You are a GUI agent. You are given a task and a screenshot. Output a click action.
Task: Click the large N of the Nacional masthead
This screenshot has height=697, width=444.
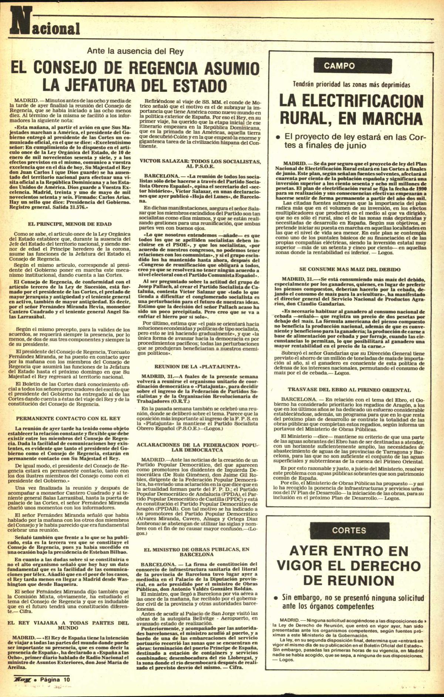click(x=19, y=23)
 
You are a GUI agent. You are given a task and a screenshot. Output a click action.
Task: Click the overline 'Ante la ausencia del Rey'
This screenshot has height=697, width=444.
click(x=135, y=51)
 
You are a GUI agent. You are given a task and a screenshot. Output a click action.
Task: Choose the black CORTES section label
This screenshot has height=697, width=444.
click(x=349, y=530)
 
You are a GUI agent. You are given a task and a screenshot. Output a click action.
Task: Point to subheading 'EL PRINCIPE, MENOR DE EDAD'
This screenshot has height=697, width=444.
click(x=70, y=224)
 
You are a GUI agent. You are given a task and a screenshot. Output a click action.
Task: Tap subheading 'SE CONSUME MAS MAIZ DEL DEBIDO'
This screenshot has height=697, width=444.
click(x=350, y=269)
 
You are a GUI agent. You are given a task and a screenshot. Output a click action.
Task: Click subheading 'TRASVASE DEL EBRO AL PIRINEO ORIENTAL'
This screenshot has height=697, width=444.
click(x=349, y=390)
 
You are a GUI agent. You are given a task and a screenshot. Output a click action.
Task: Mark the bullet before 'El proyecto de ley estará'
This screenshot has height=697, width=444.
click(x=277, y=137)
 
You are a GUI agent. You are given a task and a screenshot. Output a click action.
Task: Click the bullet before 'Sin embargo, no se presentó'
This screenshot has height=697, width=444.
click(x=276, y=598)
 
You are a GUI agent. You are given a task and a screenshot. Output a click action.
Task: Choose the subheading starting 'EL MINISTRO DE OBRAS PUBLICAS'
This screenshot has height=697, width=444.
click(x=197, y=552)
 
